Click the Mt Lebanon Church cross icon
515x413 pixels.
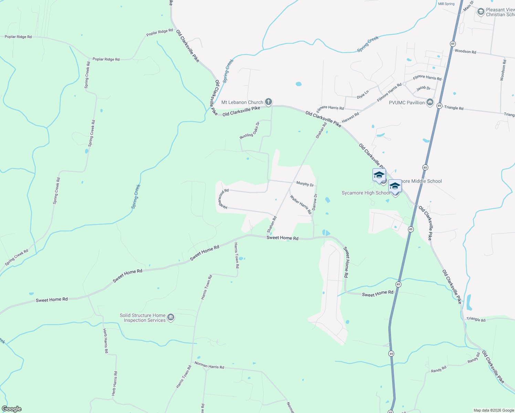[x=269, y=102]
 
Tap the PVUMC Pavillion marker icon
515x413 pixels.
[x=430, y=103]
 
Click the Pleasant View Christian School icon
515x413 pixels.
[x=481, y=12]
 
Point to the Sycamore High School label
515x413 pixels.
[x=366, y=193]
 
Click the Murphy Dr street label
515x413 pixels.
[x=305, y=184]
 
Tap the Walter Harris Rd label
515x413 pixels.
[x=301, y=204]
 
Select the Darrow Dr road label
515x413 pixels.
[x=315, y=202]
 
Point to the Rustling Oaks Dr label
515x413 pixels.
[x=250, y=130]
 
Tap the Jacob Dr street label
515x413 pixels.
[x=423, y=88]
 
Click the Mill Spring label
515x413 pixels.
[x=446, y=4]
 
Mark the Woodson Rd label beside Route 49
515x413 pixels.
[x=465, y=52]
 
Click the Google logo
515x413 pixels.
[x=12, y=409]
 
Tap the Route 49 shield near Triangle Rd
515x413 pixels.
[x=439, y=106]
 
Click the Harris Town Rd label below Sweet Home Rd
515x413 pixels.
[x=237, y=255]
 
